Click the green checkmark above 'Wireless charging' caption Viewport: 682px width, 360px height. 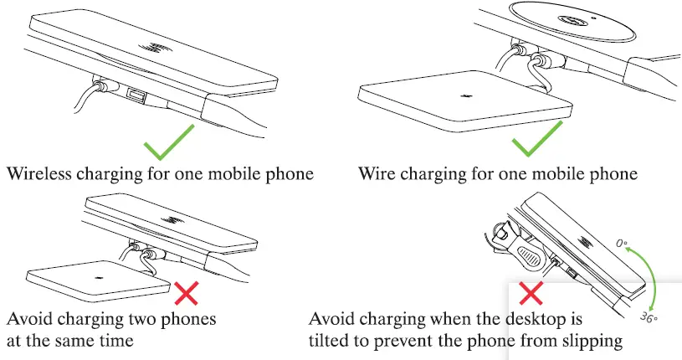coord(167,142)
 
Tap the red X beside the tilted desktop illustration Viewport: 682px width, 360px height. coord(531,293)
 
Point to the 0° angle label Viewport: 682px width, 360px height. coord(623,244)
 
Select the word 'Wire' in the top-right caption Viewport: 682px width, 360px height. coord(377,175)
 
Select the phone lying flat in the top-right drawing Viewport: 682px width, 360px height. coord(464,104)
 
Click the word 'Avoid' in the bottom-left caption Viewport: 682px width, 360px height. coord(29,320)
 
